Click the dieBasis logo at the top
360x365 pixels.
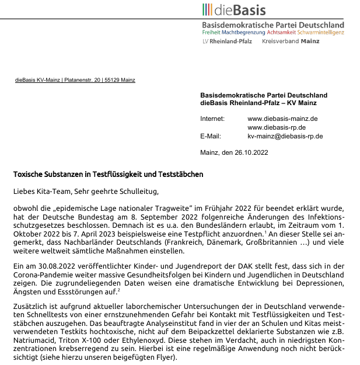[x=234, y=10]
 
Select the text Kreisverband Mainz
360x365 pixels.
[x=291, y=42]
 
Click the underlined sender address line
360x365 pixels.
[x=75, y=80]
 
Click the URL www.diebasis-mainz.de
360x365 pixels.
[x=282, y=119]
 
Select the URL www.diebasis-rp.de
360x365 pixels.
[x=277, y=127]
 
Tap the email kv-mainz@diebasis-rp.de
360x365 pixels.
[x=285, y=136]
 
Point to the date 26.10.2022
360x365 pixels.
[x=252, y=154]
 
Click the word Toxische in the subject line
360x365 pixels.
[x=29, y=174]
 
